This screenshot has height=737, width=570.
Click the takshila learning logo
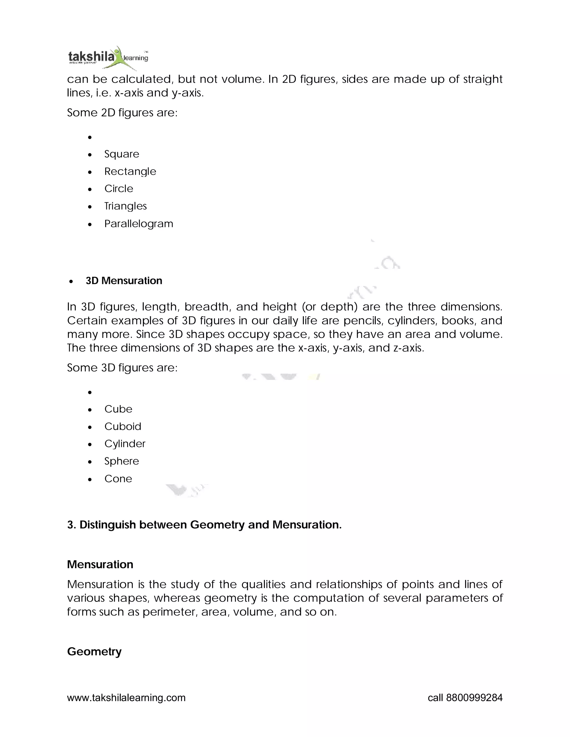(x=108, y=57)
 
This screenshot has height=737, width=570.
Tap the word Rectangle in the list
(x=130, y=171)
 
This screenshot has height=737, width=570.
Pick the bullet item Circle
(x=119, y=189)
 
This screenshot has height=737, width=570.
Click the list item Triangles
(x=125, y=206)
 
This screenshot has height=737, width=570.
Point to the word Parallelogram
(x=138, y=224)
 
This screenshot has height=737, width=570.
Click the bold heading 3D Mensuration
(x=124, y=281)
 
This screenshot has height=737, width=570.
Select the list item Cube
(x=118, y=409)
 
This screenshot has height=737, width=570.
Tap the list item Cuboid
(x=122, y=427)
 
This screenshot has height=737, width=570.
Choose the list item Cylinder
(x=125, y=444)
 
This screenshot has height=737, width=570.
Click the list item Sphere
(x=122, y=461)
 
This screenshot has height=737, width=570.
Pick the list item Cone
(x=118, y=479)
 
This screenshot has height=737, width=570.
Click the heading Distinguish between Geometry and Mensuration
(x=204, y=525)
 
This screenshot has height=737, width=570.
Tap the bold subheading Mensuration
(x=100, y=565)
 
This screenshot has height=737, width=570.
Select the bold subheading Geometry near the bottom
(x=94, y=651)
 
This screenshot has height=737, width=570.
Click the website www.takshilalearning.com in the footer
(x=126, y=698)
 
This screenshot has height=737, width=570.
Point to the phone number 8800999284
(x=474, y=698)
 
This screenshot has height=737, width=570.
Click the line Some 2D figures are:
(x=122, y=112)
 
